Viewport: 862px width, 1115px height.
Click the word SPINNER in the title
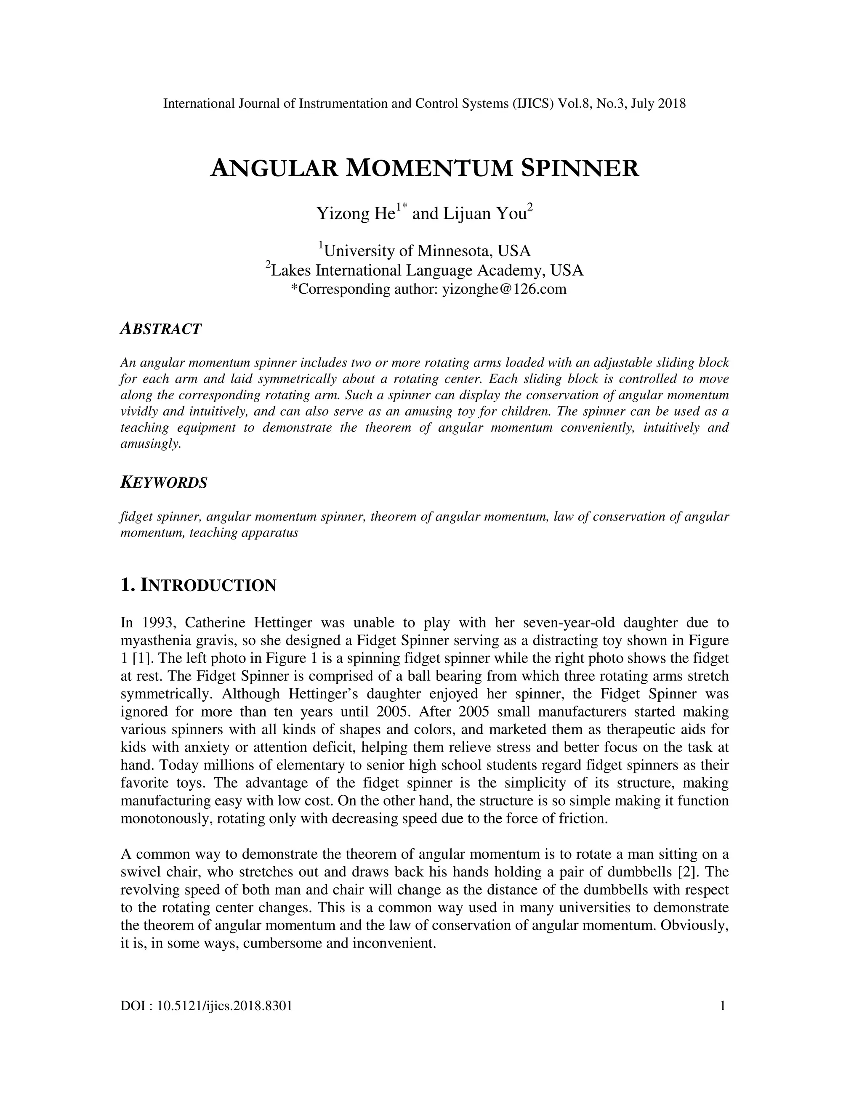point(580,168)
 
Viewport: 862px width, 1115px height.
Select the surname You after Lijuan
point(513,213)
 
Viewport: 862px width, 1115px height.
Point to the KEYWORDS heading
point(164,483)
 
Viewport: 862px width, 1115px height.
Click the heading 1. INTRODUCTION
point(198,585)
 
